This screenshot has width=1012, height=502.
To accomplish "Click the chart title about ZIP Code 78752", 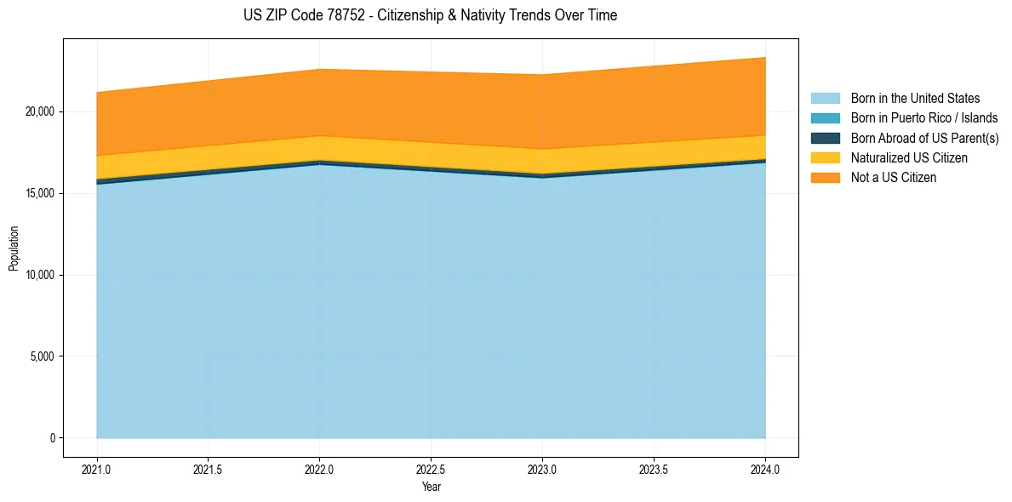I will pyautogui.click(x=430, y=15).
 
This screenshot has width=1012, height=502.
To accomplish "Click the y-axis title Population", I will pyautogui.click(x=14, y=248).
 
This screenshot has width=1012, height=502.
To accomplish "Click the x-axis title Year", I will pyautogui.click(x=431, y=487).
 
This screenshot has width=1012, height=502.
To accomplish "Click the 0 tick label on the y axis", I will pyautogui.click(x=52, y=438).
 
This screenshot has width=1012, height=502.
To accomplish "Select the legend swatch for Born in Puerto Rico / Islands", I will pyautogui.click(x=825, y=118).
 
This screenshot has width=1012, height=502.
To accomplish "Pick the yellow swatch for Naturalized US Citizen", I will pyautogui.click(x=825, y=158).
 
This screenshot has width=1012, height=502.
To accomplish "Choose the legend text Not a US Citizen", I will pyautogui.click(x=893, y=178).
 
